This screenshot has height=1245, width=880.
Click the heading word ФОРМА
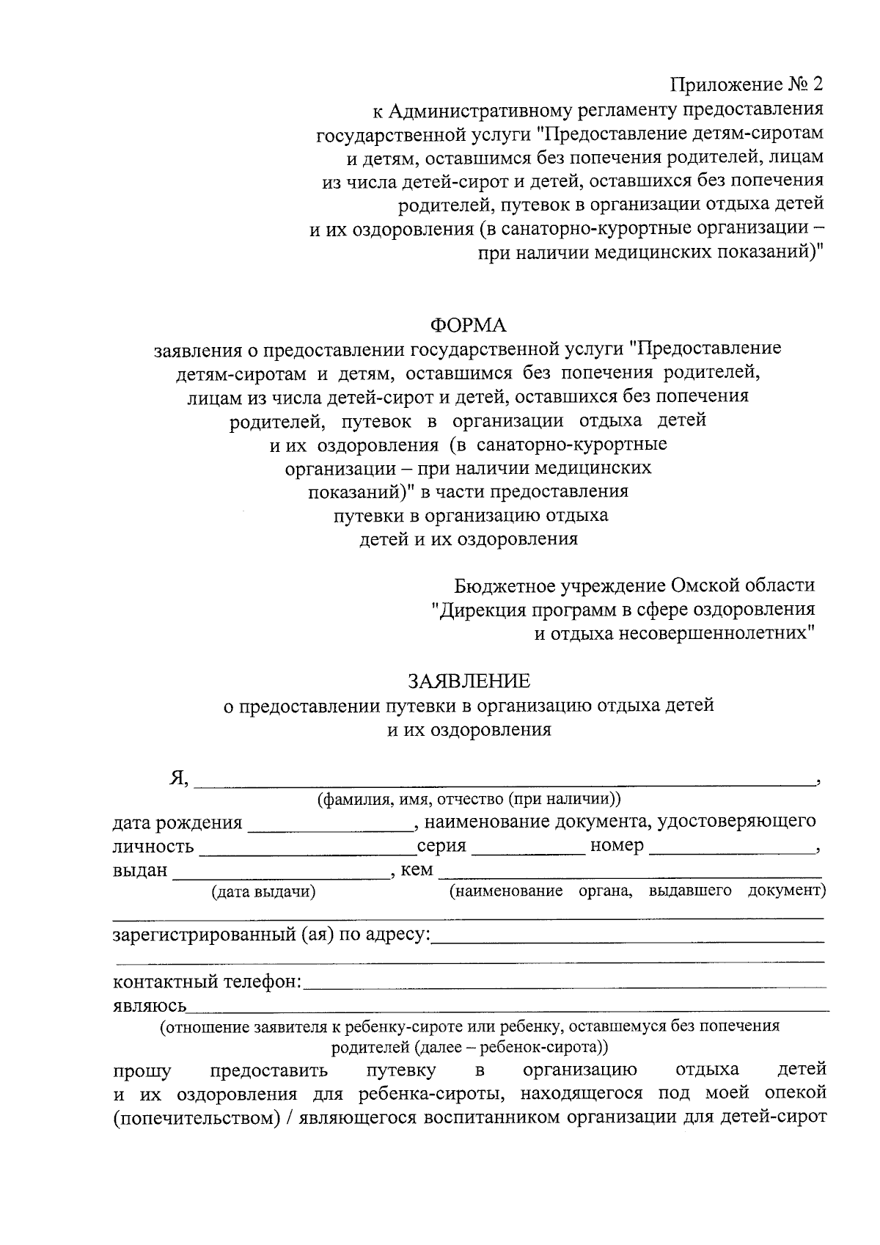click(468, 324)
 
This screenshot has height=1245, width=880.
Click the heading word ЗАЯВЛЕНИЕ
click(468, 682)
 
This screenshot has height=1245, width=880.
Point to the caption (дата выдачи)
click(263, 892)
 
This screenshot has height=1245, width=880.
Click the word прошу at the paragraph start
click(142, 1071)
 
